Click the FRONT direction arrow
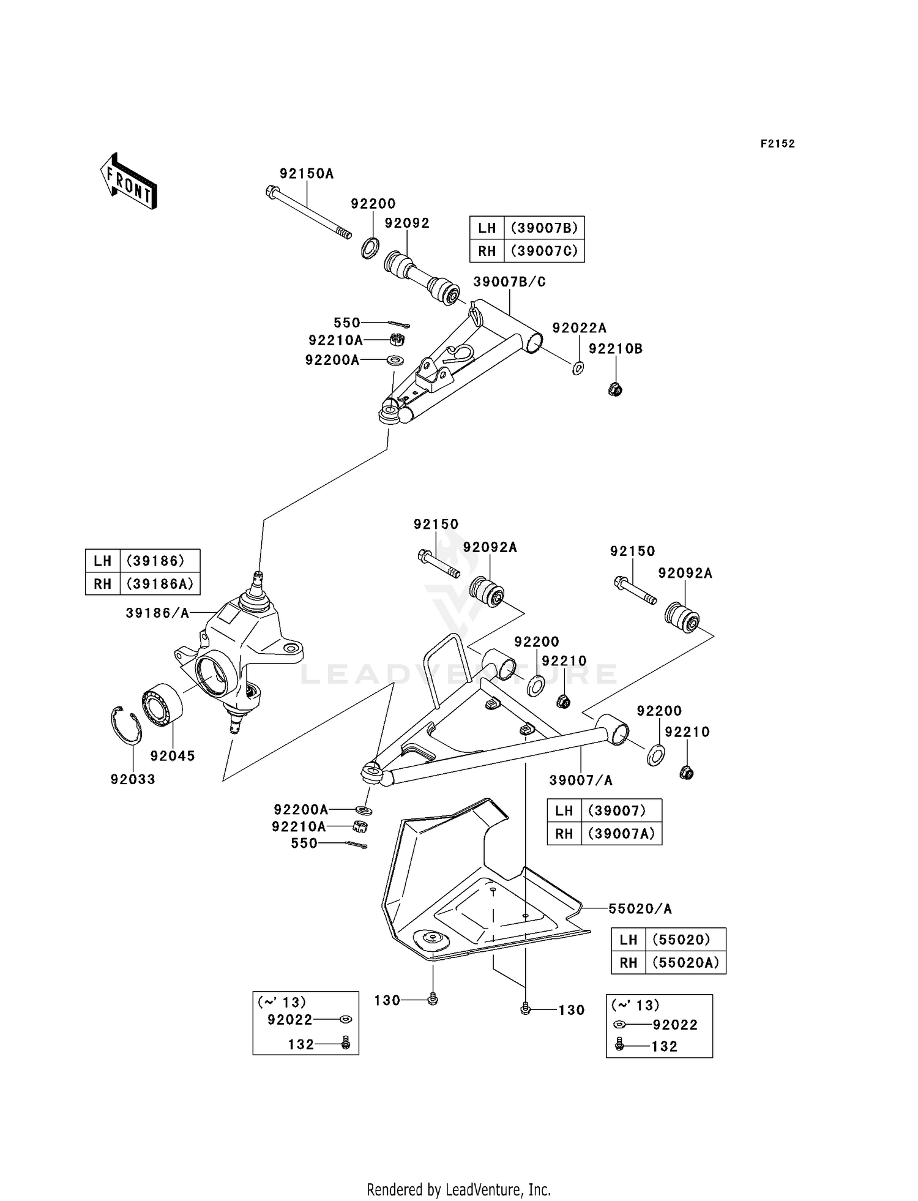pos(129,182)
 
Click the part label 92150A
pos(307,173)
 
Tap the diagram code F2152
pos(778,144)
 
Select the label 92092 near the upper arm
pos(407,223)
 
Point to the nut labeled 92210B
pos(616,389)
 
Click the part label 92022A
pos(579,328)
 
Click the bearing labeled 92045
pos(162,705)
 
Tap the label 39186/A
pos(158,613)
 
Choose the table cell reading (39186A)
pos(160,583)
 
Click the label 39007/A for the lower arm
pos(581,780)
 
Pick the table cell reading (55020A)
pos(685,962)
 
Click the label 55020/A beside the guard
pos(640,909)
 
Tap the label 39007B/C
pos(509,282)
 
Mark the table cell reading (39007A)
pos(621,834)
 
